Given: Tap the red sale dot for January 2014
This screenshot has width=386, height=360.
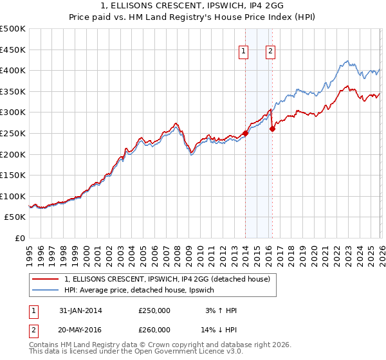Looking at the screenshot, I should point(245,134).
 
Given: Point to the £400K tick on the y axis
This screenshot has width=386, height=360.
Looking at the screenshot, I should point(13,70).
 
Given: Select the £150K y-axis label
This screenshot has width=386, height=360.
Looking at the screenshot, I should point(13,175).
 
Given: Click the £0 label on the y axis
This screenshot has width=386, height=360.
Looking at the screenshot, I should point(19,238).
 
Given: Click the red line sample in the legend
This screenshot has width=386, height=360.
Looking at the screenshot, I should point(46,279).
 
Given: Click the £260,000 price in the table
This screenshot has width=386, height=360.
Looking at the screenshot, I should point(154,329).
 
